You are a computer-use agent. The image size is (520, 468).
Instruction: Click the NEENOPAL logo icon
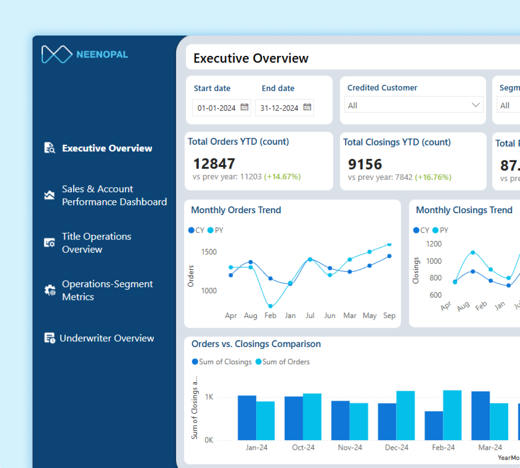57,54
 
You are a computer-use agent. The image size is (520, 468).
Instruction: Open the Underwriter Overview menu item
107,338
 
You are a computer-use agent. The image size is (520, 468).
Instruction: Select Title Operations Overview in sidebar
96,243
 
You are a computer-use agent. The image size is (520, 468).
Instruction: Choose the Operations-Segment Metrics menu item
107,290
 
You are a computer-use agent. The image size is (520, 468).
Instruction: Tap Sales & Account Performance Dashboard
114,195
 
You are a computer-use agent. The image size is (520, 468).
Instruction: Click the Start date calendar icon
244,107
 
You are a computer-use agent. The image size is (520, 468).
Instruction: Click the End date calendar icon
307,107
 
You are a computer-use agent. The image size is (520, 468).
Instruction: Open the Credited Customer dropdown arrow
475,105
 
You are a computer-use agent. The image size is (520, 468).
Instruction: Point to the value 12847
214,164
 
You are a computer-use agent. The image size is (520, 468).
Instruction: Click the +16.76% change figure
433,177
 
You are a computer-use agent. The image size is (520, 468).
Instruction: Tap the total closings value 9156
365,165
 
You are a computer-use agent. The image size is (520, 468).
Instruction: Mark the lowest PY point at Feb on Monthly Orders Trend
270,306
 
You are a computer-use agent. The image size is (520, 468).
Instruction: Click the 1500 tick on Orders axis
209,252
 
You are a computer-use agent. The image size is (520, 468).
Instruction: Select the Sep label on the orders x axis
389,315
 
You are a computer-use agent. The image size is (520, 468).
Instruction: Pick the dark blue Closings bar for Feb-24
434,426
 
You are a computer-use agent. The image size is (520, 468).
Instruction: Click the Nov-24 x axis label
350,447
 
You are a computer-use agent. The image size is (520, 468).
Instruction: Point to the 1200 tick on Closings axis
434,244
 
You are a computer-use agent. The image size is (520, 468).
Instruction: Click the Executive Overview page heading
251,58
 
